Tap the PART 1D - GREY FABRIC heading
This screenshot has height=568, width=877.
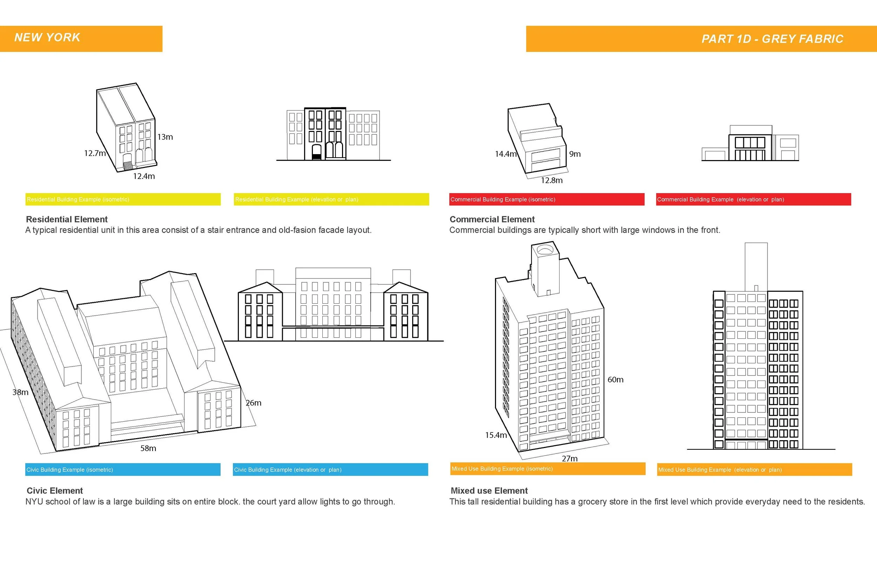772,39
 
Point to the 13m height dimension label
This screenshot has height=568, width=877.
165,137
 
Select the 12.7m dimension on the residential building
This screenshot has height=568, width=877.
95,153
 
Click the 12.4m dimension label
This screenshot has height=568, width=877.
144,176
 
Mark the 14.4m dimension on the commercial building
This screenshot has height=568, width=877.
506,154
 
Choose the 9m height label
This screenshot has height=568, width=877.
575,154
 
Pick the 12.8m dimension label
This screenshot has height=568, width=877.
551,180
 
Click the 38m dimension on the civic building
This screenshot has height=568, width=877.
20,392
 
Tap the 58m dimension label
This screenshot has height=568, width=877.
148,448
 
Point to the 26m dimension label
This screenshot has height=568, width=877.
254,403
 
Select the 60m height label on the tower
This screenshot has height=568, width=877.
615,379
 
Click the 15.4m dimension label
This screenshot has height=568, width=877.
496,435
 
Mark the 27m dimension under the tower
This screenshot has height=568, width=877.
570,458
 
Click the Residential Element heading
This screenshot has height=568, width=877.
67,219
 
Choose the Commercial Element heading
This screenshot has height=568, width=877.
492,219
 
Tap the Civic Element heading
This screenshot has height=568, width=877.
54,490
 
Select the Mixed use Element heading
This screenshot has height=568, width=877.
489,490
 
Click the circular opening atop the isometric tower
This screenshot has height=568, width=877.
545,251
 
